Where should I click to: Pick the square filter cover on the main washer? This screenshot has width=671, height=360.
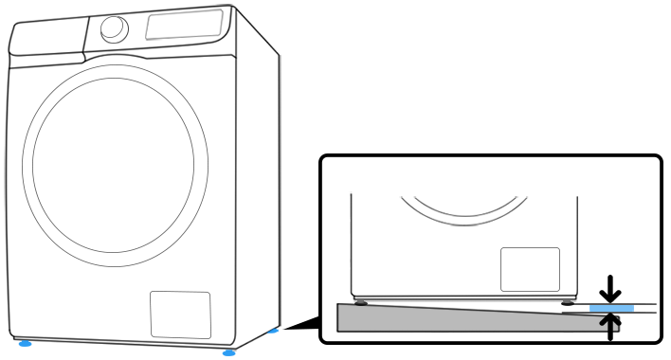pyautogui.click(x=180, y=315)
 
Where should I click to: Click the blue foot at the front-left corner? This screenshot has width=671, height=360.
pyautogui.click(x=24, y=344)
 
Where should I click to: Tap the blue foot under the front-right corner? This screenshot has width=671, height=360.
pyautogui.click(x=228, y=353)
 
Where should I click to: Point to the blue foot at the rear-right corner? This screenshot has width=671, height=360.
pyautogui.click(x=274, y=331)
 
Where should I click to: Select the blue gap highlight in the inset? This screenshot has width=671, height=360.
pyautogui.click(x=611, y=308)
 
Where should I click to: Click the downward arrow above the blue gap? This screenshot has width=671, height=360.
pyautogui.click(x=612, y=287)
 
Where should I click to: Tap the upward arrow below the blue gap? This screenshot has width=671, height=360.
pyautogui.click(x=612, y=326)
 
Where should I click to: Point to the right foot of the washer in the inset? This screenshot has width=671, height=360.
pyautogui.click(x=566, y=303)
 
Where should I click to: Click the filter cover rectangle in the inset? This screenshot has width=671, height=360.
pyautogui.click(x=530, y=269)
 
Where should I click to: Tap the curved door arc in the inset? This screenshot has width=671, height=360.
pyautogui.click(x=464, y=210)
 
